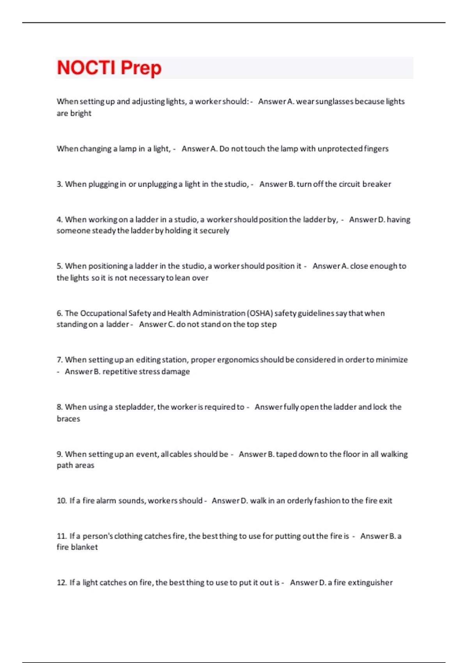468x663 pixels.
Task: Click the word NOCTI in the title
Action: [x=86, y=68]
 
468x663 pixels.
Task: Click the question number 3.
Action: [x=59, y=184]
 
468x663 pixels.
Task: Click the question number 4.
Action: [x=59, y=220]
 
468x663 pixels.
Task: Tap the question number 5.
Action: [x=59, y=266]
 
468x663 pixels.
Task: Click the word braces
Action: [x=68, y=419]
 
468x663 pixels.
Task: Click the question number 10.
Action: [x=62, y=501]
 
